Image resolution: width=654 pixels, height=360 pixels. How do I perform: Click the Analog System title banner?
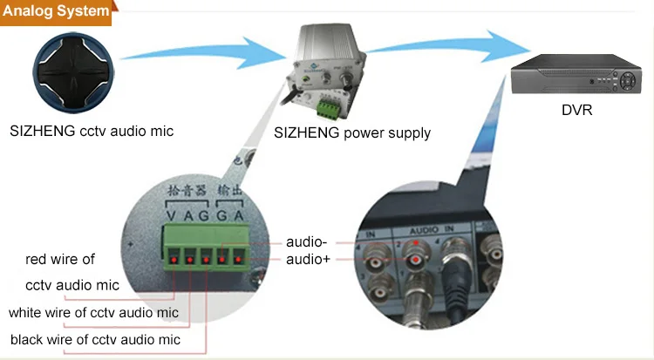point(58,12)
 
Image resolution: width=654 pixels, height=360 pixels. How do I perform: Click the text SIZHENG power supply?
point(352,132)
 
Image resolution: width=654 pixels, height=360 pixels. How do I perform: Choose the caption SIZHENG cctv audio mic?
point(92,132)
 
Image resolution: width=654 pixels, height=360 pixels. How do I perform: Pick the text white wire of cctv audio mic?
point(93,312)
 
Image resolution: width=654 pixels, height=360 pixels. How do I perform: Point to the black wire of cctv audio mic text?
point(95,339)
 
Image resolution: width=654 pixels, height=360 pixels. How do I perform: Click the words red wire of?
point(59,259)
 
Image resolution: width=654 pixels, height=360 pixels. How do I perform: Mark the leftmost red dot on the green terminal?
point(174,259)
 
